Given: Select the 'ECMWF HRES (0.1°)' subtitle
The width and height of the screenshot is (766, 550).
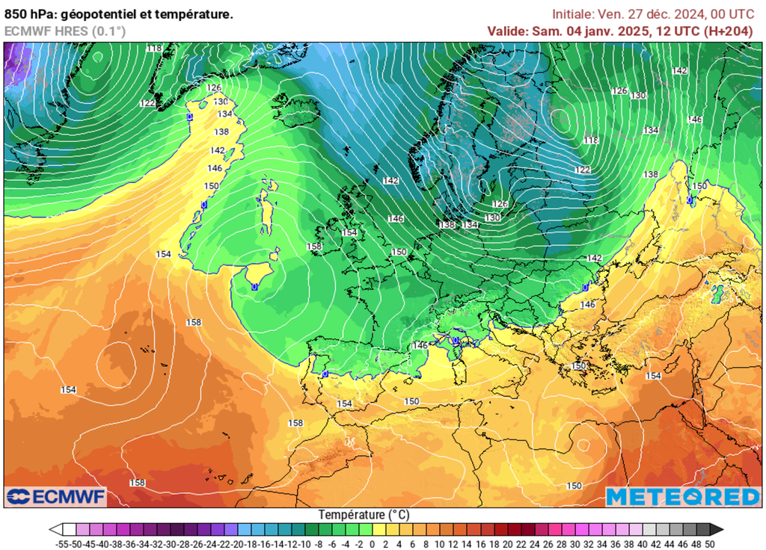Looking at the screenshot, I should point(65,31).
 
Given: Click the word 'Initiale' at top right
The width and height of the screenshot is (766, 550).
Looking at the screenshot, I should point(573,14).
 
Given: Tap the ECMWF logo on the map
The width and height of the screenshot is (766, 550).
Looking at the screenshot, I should point(56,497).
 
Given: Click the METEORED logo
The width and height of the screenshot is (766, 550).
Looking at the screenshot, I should point(682,497).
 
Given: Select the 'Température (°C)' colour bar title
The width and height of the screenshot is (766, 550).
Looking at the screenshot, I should point(364,515).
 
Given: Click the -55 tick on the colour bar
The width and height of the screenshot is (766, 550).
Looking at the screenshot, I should point(63,543).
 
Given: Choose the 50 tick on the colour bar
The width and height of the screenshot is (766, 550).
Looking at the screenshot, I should point(710,543).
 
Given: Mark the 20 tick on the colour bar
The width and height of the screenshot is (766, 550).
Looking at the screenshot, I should point(508,543).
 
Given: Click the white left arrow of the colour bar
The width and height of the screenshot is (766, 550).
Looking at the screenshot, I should point(55,530).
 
